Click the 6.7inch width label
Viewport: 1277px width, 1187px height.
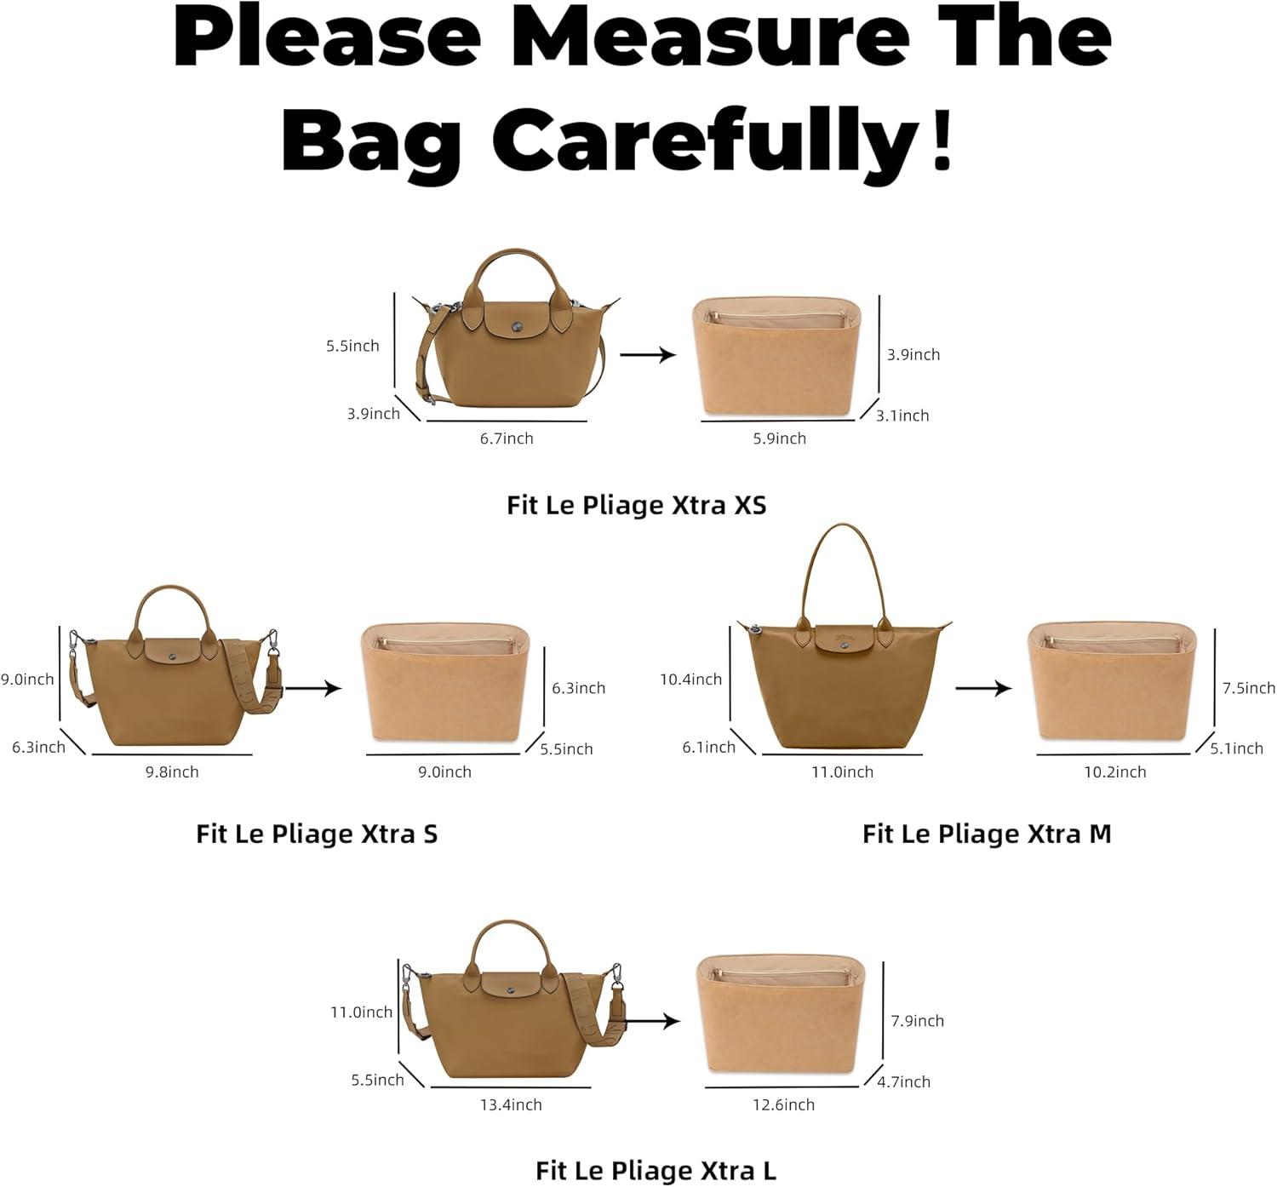click(x=507, y=439)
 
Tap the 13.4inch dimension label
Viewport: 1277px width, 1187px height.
click(x=511, y=1104)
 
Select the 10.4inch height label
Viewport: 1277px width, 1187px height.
click(x=690, y=680)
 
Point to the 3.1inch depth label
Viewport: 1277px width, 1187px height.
click(x=902, y=416)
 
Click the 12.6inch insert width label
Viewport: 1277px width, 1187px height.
click(x=783, y=1104)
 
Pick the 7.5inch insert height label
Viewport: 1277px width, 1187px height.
click(x=1249, y=688)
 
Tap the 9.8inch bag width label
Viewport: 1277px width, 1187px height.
click(x=172, y=772)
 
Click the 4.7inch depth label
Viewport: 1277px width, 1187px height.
click(x=903, y=1082)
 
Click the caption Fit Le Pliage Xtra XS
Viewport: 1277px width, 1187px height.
click(x=637, y=505)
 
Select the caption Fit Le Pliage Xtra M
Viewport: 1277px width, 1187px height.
click(x=987, y=834)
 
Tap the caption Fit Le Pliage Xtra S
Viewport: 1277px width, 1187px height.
click(x=317, y=834)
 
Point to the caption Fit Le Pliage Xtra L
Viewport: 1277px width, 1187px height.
click(x=656, y=1170)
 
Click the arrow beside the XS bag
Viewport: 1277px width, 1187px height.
click(x=648, y=354)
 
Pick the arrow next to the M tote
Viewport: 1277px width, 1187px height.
click(x=983, y=688)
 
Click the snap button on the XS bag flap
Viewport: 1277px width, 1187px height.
click(x=517, y=327)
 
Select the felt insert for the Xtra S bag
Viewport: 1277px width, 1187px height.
click(x=445, y=683)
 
